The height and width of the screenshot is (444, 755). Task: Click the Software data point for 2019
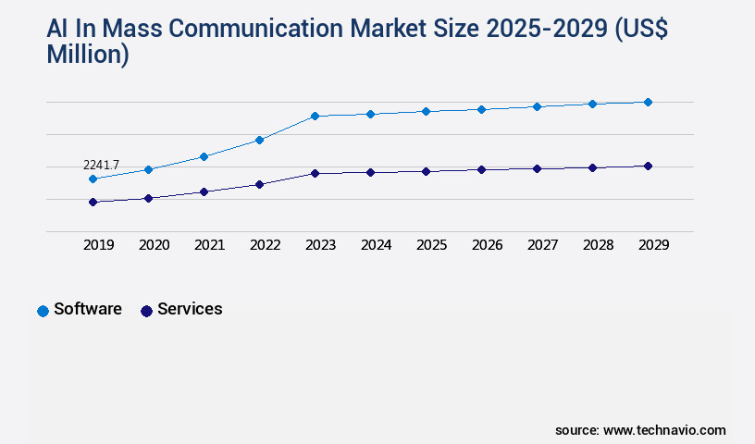coord(93,179)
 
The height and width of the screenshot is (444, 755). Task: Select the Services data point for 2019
coord(93,202)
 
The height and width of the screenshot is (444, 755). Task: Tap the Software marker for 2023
coord(315,116)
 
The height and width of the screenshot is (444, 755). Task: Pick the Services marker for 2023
coord(315,173)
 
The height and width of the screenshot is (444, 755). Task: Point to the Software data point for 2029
coord(648,102)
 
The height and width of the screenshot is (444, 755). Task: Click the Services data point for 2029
coord(648,166)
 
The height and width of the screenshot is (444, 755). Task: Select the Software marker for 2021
coord(204,156)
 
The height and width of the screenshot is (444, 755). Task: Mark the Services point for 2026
coord(481,169)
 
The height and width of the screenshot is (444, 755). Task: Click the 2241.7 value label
coord(101,165)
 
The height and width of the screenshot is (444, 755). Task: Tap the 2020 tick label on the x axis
coord(154,245)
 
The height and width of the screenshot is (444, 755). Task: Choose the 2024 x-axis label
coord(376,245)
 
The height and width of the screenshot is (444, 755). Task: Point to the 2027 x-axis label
coord(542,245)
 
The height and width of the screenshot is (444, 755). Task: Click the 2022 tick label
coord(265,245)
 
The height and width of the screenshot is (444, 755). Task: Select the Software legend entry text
coord(88,309)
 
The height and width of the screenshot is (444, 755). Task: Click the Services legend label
coord(190,309)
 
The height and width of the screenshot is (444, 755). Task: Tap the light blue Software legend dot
coord(43,311)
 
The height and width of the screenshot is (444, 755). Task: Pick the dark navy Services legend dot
coord(146,311)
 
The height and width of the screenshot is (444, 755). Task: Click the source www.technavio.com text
coord(640,430)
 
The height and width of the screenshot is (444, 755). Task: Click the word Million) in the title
coord(88,55)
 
